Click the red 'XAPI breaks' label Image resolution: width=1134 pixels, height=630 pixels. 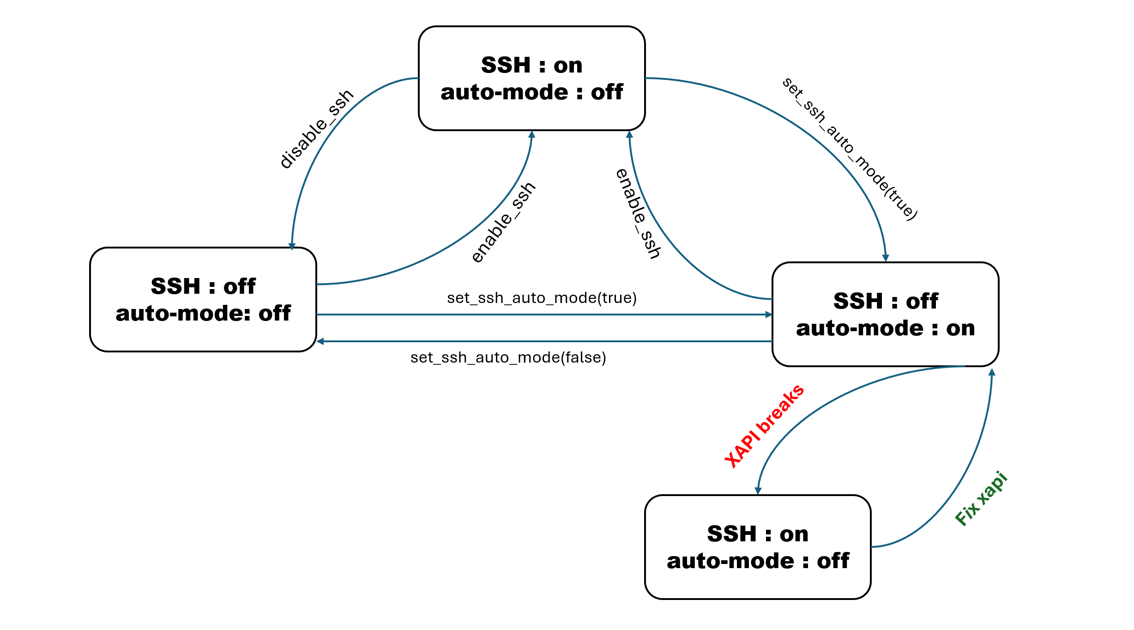(764, 425)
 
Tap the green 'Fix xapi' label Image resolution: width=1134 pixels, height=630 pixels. (981, 498)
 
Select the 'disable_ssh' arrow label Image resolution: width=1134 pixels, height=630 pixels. (317, 129)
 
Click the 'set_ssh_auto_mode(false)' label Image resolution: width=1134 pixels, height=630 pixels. (508, 357)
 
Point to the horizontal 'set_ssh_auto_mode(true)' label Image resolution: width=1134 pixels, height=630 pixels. (542, 298)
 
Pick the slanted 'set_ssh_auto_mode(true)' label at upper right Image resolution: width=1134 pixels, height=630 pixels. (850, 149)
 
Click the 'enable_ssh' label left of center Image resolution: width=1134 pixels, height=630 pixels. (503, 222)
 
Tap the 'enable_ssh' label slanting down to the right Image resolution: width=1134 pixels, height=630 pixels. (639, 213)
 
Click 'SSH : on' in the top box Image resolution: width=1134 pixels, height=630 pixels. (531, 65)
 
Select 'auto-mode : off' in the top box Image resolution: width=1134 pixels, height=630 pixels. (531, 92)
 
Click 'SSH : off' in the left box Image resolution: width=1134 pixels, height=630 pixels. (203, 286)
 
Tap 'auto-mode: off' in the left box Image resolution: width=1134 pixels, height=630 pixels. (203, 313)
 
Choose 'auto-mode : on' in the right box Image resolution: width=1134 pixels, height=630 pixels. (885, 328)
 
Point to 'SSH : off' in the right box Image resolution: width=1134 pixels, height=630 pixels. (885, 301)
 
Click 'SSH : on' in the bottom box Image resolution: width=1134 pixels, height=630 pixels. (758, 534)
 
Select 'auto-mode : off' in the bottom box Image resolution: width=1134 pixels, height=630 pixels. (758, 561)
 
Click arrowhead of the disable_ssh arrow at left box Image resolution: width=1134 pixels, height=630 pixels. (292, 246)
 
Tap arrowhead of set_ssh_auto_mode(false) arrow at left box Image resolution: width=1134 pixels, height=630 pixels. (320, 341)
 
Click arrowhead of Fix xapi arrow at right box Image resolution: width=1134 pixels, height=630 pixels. (992, 372)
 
